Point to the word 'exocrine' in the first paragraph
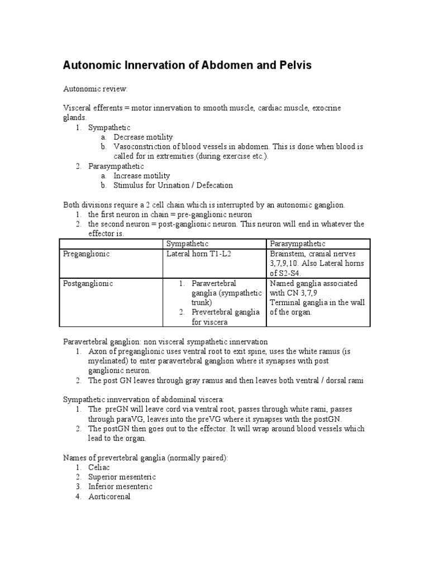326,108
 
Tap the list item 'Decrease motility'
143,137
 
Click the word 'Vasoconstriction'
143,147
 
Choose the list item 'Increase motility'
142,176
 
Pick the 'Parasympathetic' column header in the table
298,244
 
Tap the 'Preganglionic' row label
86,254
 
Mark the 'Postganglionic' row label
88,283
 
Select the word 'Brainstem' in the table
288,254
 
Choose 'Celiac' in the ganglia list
99,468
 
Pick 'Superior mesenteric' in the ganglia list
122,477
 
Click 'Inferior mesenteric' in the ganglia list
120,487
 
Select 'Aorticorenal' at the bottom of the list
109,497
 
